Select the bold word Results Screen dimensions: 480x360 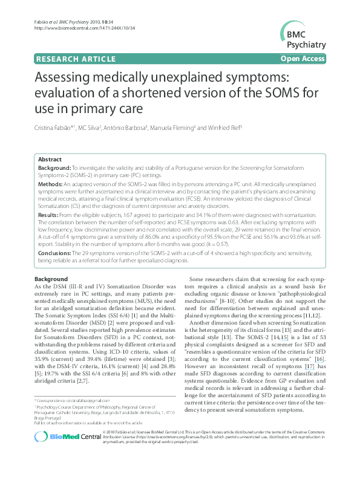49,215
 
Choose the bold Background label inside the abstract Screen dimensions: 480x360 54,167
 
